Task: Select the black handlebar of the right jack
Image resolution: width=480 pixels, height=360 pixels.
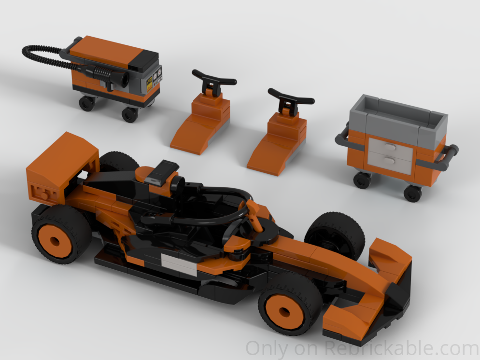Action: pyautogui.click(x=290, y=96)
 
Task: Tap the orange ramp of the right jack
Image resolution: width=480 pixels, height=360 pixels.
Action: pyautogui.click(x=270, y=154)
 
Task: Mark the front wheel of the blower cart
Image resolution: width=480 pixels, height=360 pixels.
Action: pyautogui.click(x=129, y=114)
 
